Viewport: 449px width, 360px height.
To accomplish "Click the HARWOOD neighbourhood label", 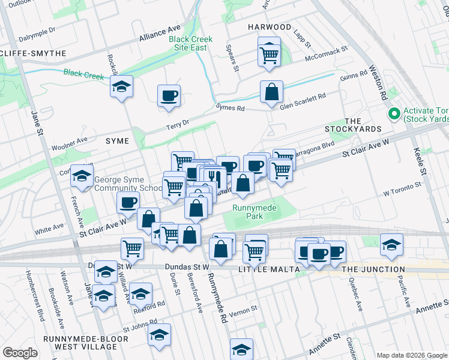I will [270, 27].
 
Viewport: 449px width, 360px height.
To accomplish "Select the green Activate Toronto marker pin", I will [394, 113].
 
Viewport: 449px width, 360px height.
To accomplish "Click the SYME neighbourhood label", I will [118, 140].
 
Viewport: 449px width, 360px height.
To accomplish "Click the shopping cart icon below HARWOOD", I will [269, 54].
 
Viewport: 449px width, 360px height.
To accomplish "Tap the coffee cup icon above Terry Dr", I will [169, 95].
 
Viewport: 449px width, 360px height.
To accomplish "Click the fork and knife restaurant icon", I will [214, 178].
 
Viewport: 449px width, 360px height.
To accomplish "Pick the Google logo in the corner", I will [20, 353].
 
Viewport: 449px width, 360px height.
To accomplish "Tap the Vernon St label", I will [246, 308].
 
